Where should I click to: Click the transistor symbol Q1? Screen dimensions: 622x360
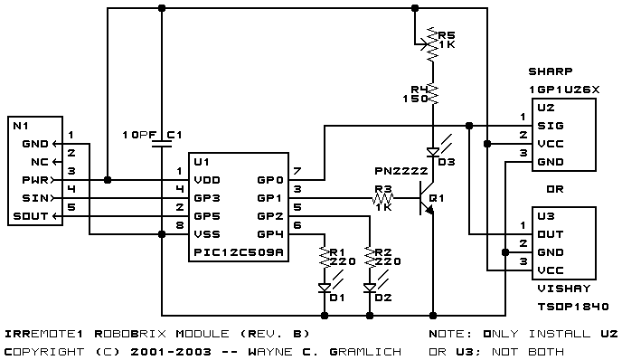[x=427, y=198]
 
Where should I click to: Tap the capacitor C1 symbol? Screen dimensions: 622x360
[x=162, y=143]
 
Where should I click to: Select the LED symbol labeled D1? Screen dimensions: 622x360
[x=325, y=288]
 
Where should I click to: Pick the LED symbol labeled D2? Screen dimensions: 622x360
[x=370, y=288]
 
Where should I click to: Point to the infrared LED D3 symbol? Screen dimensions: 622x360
[x=433, y=152]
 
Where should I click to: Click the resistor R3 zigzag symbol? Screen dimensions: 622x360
[x=383, y=198]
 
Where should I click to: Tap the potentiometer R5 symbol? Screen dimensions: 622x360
[x=430, y=43]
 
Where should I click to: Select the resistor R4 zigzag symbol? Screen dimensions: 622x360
[x=433, y=94]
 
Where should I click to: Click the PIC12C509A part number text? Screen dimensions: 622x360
[x=239, y=252]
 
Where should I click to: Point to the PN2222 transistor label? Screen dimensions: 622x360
[x=401, y=171]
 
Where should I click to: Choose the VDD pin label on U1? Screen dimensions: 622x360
[x=207, y=180]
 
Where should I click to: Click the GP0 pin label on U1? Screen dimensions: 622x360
[x=270, y=180]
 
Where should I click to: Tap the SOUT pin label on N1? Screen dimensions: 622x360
[x=31, y=216]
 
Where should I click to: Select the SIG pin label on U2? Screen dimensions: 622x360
[x=551, y=126]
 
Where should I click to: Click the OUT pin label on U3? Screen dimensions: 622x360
[x=551, y=234]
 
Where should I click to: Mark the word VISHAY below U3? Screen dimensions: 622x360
[x=564, y=289]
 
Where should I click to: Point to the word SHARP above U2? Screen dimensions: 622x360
[x=551, y=71]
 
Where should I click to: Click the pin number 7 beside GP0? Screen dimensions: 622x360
[x=297, y=171]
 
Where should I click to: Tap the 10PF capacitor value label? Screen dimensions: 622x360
[x=139, y=135]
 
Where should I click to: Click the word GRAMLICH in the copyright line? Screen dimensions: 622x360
[x=365, y=352]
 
